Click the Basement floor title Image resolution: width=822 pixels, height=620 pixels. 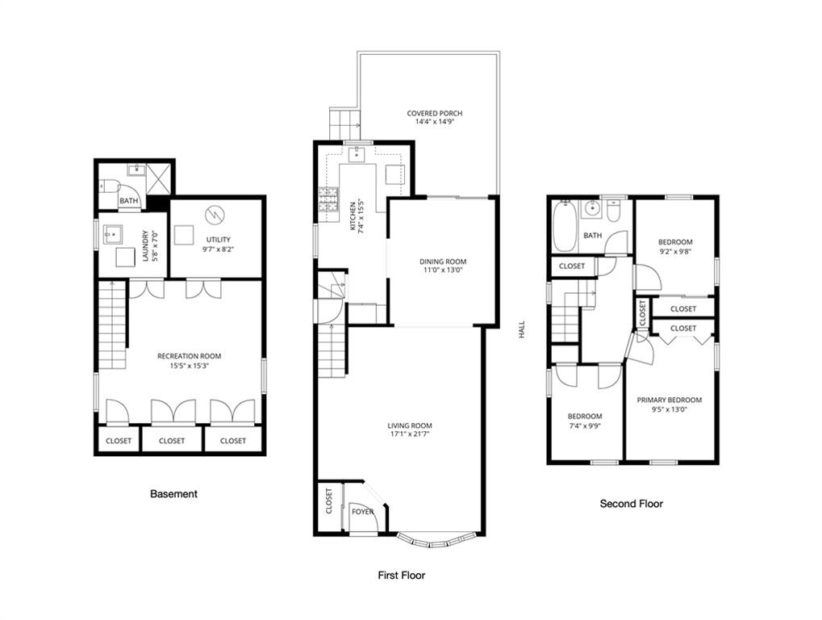(x=173, y=493)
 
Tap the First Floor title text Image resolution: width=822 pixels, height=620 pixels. (x=401, y=576)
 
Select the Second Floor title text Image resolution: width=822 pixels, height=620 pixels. (x=631, y=504)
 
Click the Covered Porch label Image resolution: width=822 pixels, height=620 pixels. (x=434, y=113)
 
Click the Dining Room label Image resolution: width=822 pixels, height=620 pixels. (x=442, y=262)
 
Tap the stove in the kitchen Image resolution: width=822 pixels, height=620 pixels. (x=328, y=199)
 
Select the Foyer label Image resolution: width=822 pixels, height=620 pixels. (x=362, y=512)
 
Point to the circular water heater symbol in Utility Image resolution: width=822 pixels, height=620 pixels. (x=215, y=214)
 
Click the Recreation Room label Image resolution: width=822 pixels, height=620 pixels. (x=189, y=356)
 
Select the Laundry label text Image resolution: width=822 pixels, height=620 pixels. (x=146, y=242)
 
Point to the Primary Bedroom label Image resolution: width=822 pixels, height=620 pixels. (x=669, y=400)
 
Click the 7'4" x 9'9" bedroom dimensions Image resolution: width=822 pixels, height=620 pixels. (x=584, y=426)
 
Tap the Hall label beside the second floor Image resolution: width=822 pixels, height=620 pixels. (x=521, y=329)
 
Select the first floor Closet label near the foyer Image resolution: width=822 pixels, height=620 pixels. (x=328, y=501)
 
